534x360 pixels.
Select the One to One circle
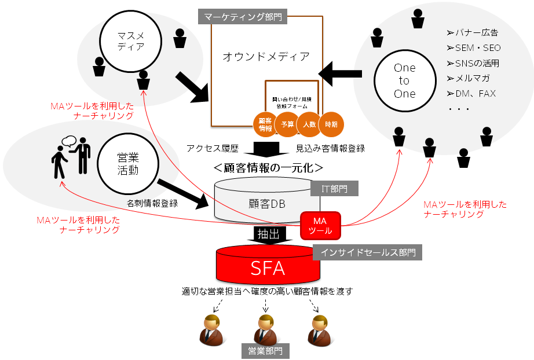[404, 81]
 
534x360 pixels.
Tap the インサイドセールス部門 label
[367, 252]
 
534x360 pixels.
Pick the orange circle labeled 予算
[287, 124]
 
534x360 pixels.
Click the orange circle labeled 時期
[331, 124]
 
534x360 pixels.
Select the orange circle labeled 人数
[309, 124]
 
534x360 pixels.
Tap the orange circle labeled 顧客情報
[265, 124]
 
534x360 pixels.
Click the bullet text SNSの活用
[473, 63]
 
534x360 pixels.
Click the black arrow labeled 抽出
[268, 234]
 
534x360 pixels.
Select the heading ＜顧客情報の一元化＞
[268, 167]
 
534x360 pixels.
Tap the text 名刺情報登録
[152, 203]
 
